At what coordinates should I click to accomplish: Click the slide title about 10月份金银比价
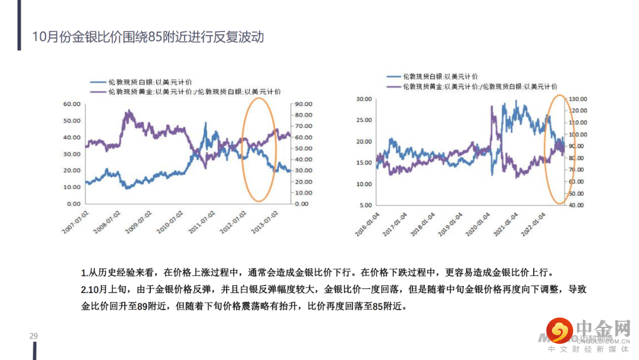(148, 37)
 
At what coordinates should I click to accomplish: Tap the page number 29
(34, 336)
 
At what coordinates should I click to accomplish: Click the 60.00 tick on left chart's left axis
(72, 104)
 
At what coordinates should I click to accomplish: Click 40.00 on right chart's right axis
(576, 205)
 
